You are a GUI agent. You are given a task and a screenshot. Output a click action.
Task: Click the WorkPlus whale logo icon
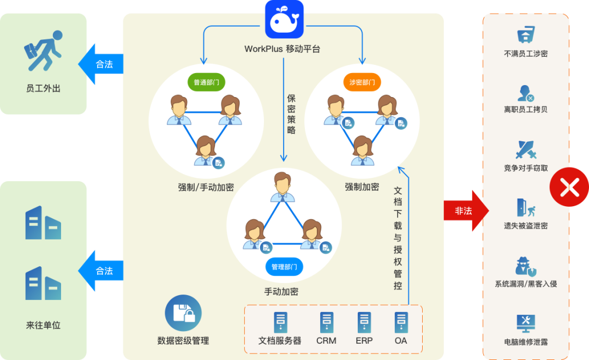coord(284,19)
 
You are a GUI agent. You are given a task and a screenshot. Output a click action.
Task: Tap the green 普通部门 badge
coord(206,82)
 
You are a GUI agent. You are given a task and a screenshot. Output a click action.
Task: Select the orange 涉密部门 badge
coord(362,82)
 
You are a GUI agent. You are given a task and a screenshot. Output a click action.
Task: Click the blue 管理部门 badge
coord(284,267)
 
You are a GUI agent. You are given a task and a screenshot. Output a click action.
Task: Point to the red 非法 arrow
coord(466,211)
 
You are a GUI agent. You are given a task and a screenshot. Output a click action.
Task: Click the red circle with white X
coord(569,187)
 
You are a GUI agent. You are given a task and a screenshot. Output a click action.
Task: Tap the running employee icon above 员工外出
coord(43,51)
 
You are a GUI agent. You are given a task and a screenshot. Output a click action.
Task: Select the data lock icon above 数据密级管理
coord(183,313)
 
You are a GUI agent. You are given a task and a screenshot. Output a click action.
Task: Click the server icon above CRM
coord(327,322)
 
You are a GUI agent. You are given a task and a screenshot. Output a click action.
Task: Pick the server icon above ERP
coord(364,322)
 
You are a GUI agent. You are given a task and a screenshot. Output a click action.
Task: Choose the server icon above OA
coord(401,322)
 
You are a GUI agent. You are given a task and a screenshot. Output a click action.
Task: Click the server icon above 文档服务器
coord(280,322)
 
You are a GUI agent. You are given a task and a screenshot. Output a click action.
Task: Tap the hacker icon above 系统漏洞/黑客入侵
coord(526,266)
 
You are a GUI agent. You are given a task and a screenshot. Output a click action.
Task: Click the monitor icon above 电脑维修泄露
coord(526,323)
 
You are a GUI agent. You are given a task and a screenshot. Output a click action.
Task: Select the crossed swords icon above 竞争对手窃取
coord(526,149)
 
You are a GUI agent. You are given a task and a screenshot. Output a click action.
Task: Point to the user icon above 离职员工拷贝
coord(526,93)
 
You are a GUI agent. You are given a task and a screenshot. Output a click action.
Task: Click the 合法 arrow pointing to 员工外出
coord(101,64)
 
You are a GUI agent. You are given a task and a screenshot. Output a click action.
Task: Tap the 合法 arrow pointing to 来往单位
coord(101,271)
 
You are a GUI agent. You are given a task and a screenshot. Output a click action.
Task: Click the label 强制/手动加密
coord(206,187)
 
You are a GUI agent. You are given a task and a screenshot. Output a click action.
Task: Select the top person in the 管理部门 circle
coord(283,187)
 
